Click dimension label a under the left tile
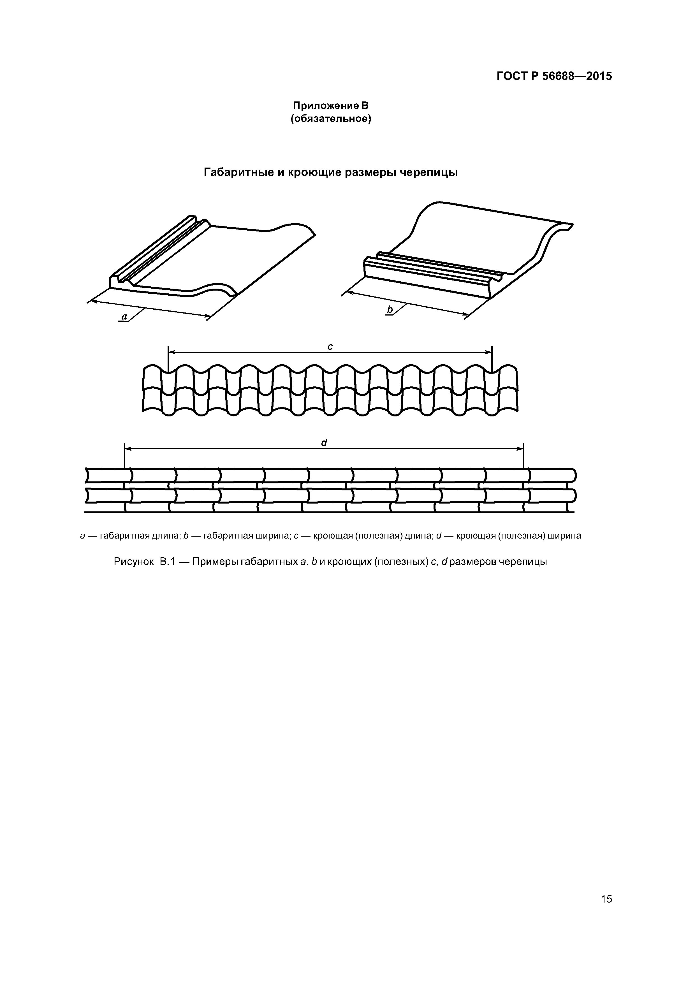pos(124,317)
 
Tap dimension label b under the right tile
pos(390,309)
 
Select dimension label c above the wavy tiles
pos(330,347)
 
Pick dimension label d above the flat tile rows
pos(324,443)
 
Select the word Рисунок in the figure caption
pos(134,562)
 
